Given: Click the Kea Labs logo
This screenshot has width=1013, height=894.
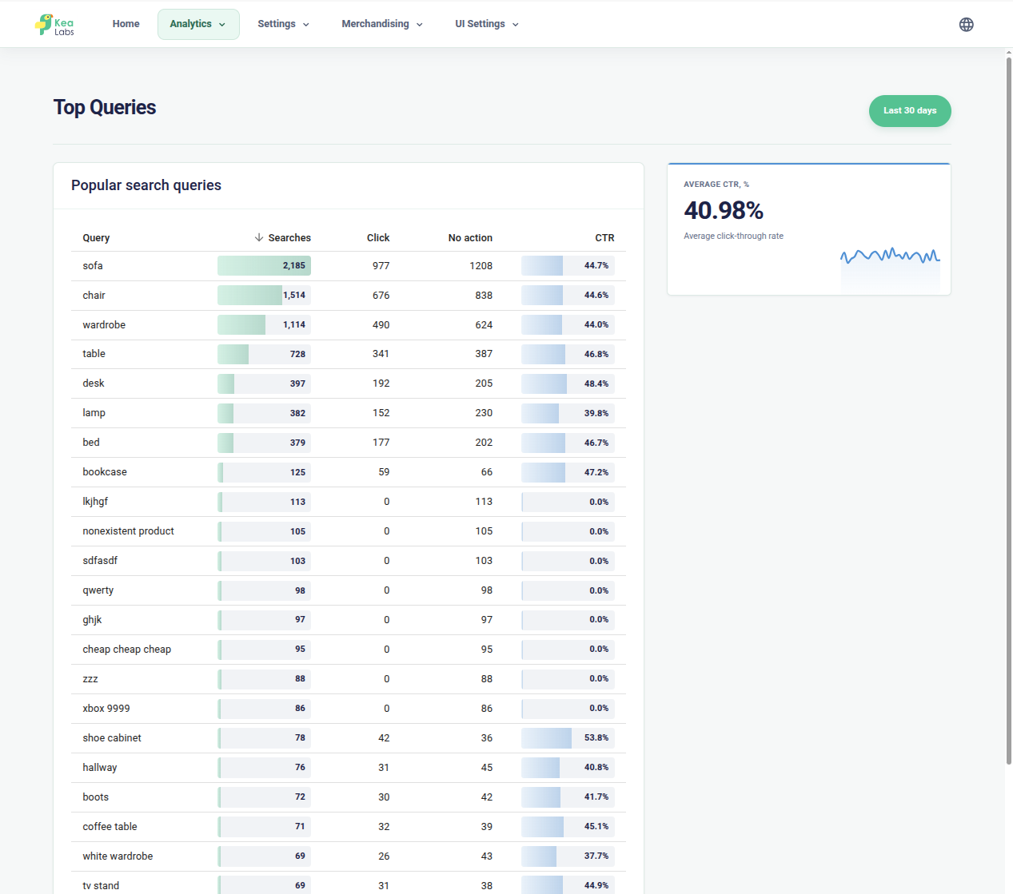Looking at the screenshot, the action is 54,25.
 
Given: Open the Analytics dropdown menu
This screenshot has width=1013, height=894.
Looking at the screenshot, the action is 198,24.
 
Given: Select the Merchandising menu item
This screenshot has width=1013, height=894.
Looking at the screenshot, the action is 382,24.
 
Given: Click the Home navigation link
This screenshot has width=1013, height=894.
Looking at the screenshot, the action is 126,24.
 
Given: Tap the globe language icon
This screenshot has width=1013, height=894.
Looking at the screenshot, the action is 966,25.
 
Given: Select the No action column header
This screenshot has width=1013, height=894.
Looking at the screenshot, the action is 470,238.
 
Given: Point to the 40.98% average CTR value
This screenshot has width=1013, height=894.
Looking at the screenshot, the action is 723,210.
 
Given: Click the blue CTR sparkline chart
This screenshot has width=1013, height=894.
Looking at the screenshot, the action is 890,256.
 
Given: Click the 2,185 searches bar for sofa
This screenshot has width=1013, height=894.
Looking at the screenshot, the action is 264,265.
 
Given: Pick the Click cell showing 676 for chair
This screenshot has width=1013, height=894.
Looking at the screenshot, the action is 381,296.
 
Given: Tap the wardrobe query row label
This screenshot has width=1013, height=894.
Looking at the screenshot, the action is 104,325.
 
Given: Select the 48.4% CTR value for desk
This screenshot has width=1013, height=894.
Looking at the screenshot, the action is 596,383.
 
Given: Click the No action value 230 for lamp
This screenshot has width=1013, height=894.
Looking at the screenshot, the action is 484,413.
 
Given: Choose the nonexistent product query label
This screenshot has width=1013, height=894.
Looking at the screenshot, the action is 128,531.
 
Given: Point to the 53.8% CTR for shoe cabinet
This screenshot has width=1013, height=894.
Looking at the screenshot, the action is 596,738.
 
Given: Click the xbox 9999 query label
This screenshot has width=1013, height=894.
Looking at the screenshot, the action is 106,709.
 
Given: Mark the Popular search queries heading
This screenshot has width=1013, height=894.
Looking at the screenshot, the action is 146,185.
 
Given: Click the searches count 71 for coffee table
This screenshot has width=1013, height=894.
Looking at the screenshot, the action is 300,827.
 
